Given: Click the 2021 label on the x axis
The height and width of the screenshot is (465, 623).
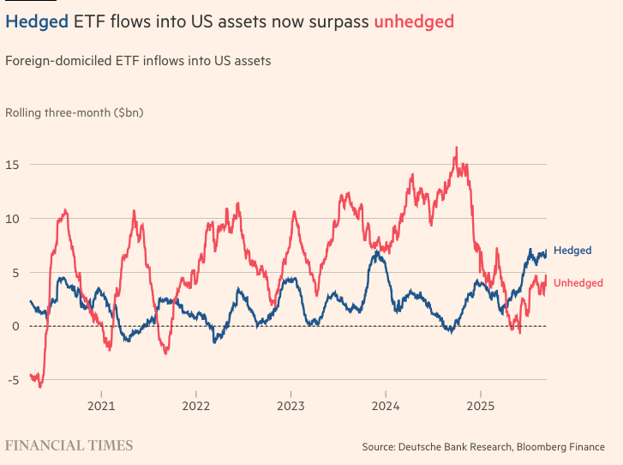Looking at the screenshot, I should point(101,406).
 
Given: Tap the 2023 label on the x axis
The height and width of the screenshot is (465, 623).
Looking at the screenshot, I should point(291,406).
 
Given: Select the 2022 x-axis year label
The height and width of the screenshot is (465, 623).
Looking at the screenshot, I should point(196,406).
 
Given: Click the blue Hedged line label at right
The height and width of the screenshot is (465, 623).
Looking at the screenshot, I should point(572,251).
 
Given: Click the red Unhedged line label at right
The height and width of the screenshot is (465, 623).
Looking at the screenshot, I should point(578,283).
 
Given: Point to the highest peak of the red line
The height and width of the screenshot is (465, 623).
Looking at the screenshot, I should point(456,148).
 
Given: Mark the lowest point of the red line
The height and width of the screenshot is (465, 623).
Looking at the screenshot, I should point(39,387).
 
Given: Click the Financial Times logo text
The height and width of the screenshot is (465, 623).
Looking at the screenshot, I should point(69,445).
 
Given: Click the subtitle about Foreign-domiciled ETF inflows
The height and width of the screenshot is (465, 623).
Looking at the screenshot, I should point(138,61).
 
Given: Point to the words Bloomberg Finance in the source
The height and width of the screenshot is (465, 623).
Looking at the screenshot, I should point(566,447).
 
